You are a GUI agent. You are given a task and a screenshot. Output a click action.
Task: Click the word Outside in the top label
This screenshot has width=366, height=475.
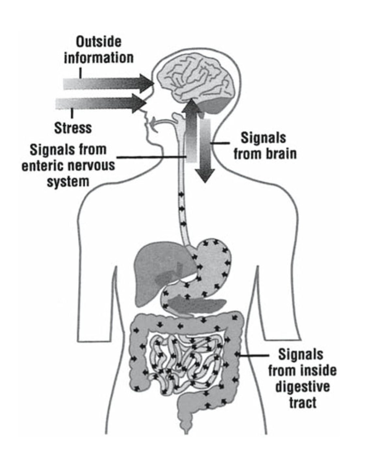pyautogui.click(x=99, y=42)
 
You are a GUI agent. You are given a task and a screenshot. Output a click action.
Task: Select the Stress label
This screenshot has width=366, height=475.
pyautogui.click(x=73, y=128)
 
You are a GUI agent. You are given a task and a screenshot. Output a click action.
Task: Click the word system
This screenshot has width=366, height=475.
pyautogui.click(x=68, y=181)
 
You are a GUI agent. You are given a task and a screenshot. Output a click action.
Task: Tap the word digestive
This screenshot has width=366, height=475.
pyautogui.click(x=302, y=387)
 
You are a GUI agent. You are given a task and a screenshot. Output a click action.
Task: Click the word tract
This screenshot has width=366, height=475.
pyautogui.click(x=302, y=402)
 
